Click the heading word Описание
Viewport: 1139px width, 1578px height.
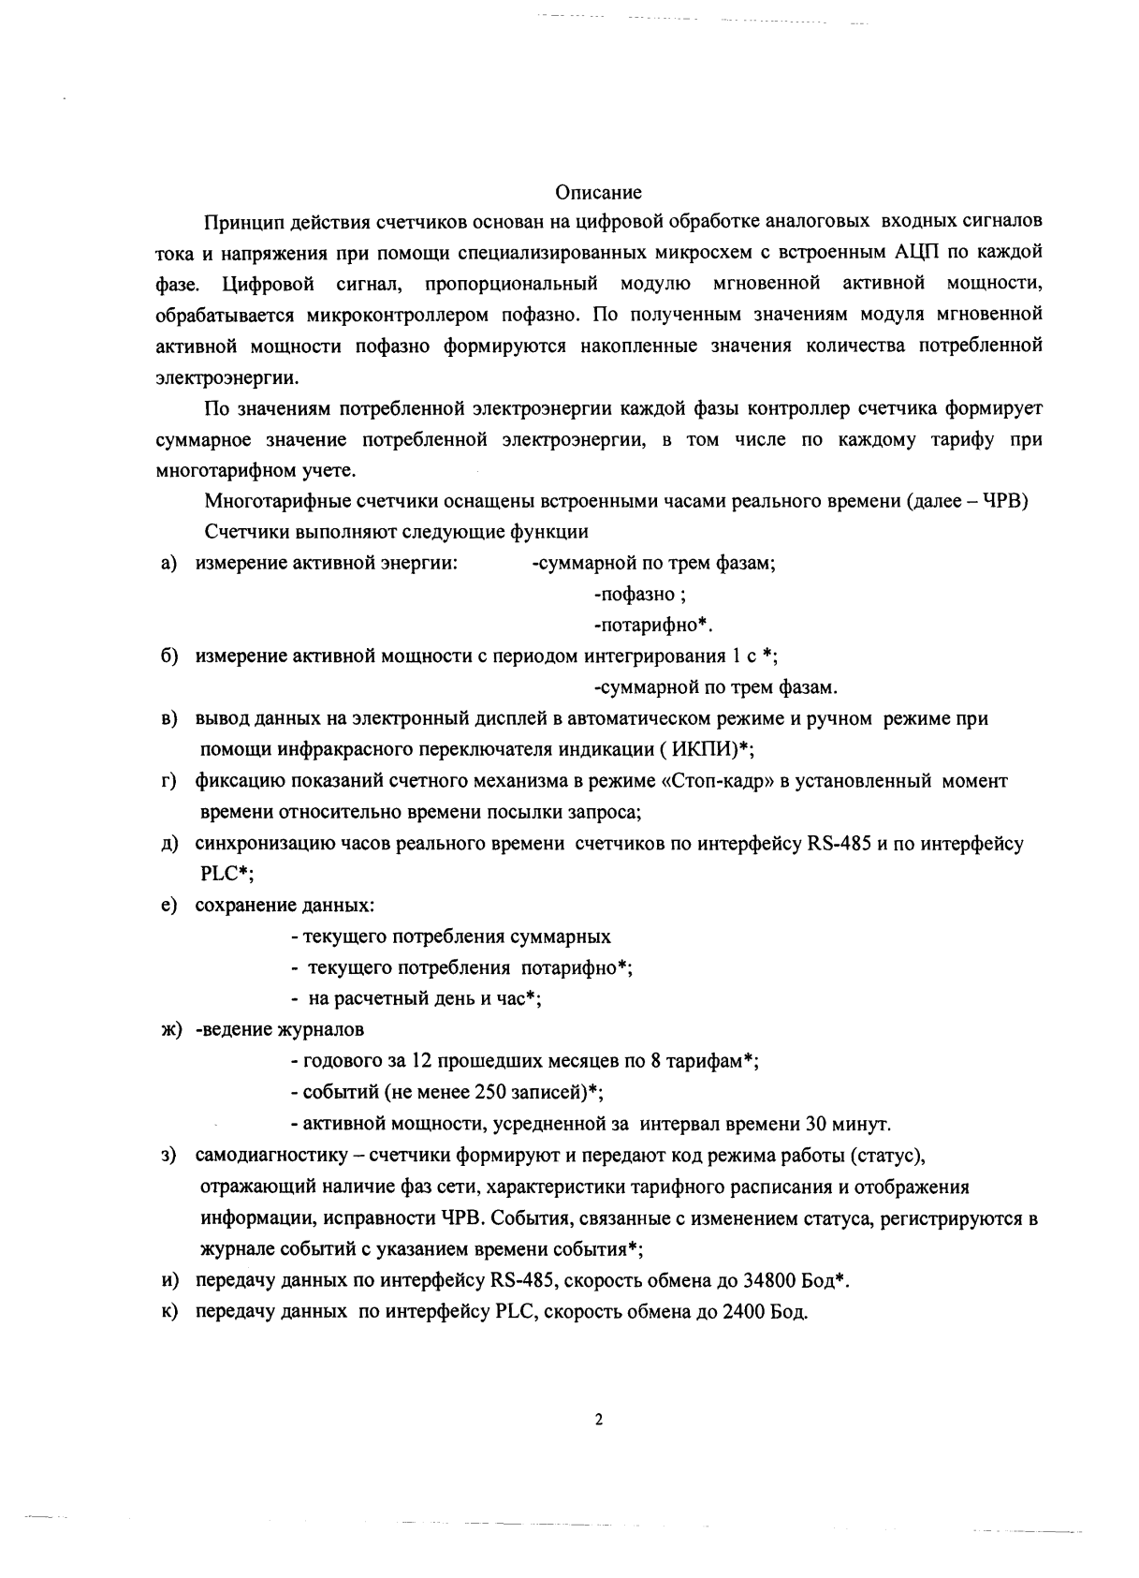coord(598,193)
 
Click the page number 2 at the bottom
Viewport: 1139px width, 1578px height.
coord(599,1420)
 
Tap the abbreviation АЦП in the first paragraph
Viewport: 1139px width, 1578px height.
coord(904,252)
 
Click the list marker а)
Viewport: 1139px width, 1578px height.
coord(168,563)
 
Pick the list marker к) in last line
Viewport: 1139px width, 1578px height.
coord(168,1311)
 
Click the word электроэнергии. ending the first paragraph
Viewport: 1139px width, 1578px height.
coord(228,378)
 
